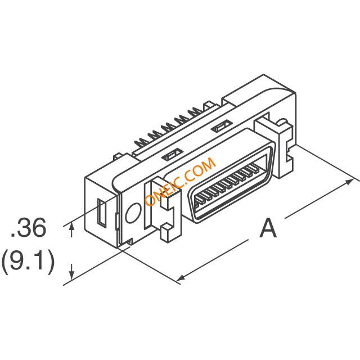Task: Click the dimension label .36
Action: pyautogui.click(x=29, y=227)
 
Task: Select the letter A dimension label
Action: pyautogui.click(x=268, y=228)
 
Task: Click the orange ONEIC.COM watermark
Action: pyautogui.click(x=180, y=181)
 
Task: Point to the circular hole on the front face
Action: pyautogui.click(x=133, y=213)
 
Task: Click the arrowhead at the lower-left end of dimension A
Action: pyautogui.click(x=181, y=278)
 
